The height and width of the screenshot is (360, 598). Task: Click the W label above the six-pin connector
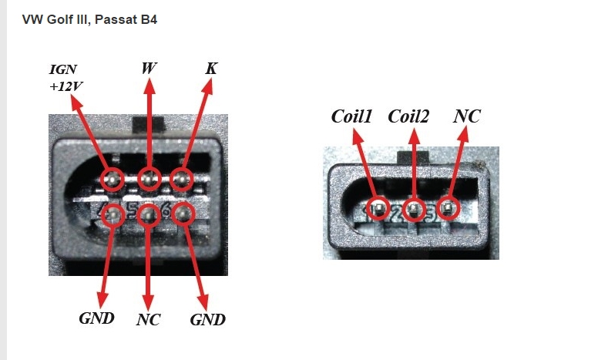click(149, 69)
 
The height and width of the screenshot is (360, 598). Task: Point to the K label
click(210, 69)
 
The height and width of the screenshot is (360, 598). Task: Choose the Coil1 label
click(352, 116)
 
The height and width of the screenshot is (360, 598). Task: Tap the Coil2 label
click(408, 116)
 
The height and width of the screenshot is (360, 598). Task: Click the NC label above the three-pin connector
click(467, 116)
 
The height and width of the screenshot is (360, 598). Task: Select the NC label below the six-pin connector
click(148, 319)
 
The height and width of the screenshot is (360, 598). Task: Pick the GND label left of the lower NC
click(97, 318)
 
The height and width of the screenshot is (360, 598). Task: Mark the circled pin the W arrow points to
click(149, 180)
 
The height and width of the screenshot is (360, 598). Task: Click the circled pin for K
click(181, 180)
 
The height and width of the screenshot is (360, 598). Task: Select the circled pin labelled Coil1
click(379, 207)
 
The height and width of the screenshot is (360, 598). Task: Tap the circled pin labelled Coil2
click(415, 209)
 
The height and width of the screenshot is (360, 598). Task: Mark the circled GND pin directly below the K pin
click(183, 213)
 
